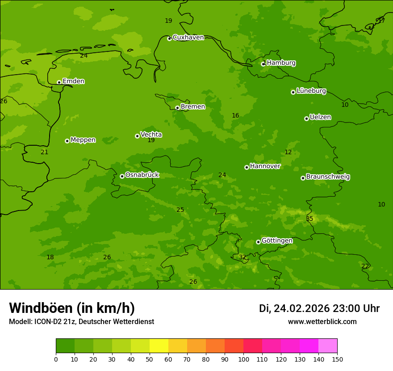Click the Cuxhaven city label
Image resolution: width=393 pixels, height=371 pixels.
(x=188, y=38)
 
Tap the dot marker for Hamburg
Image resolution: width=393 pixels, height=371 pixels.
(x=263, y=64)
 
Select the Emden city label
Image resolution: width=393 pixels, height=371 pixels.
(x=73, y=81)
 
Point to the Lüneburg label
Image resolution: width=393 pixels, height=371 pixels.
(x=311, y=91)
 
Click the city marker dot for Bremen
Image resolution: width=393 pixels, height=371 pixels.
(x=177, y=108)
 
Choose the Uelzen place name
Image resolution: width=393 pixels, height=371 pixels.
(x=320, y=118)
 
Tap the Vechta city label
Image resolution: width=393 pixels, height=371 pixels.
(x=151, y=135)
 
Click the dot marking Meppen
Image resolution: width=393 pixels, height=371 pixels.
(x=67, y=141)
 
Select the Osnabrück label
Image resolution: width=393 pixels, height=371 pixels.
(x=142, y=175)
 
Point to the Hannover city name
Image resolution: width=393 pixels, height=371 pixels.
(x=265, y=166)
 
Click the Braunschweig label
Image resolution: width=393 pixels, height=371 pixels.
(x=328, y=177)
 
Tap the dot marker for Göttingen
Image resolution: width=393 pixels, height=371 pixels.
(x=258, y=242)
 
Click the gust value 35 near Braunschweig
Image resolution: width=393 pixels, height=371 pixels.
(x=309, y=219)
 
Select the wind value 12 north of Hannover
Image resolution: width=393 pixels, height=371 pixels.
(x=288, y=152)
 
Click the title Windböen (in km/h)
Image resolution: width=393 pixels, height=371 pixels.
(x=72, y=308)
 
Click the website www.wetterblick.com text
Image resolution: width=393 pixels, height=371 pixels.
(x=322, y=322)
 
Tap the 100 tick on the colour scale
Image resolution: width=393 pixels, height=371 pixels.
(x=243, y=359)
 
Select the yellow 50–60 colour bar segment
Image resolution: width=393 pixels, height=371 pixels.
(x=159, y=346)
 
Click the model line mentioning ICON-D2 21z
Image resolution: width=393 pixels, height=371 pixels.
(x=81, y=322)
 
